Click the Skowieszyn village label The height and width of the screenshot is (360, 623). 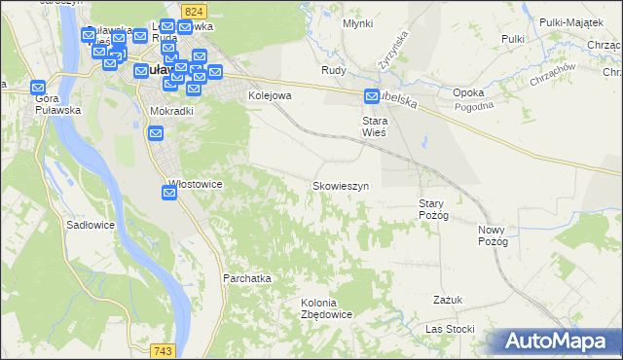pyautogui.click(x=340, y=185)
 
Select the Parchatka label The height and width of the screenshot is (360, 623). pyautogui.click(x=246, y=278)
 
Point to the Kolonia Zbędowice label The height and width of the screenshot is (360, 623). pyautogui.click(x=326, y=308)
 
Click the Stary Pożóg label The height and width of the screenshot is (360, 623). pyautogui.click(x=432, y=209)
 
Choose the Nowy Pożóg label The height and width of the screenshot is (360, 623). pyautogui.click(x=494, y=235)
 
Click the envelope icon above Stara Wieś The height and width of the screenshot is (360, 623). pyautogui.click(x=372, y=96)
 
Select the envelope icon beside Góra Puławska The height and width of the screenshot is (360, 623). pyautogui.click(x=39, y=86)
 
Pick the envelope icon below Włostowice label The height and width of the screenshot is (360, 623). pyautogui.click(x=169, y=194)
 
